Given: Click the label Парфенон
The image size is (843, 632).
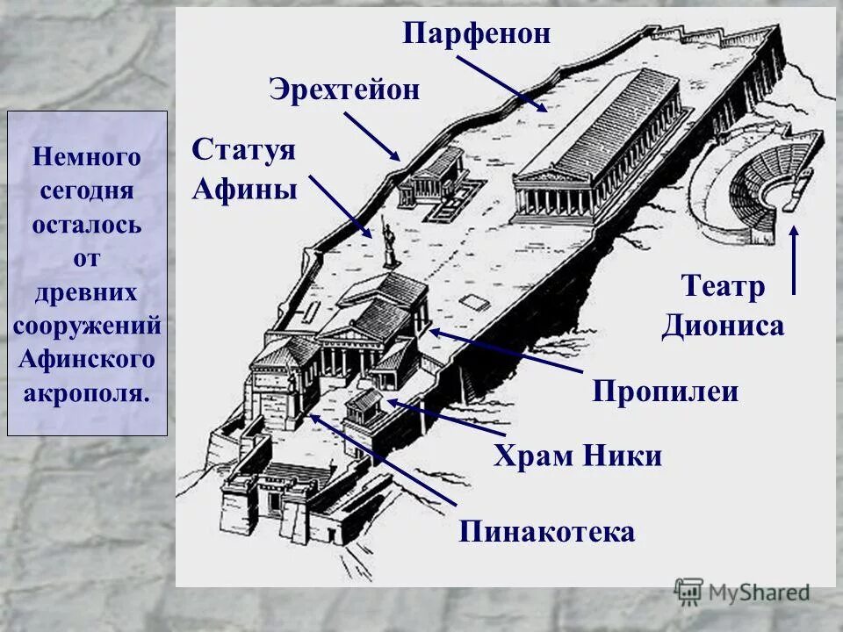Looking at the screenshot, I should point(477,34).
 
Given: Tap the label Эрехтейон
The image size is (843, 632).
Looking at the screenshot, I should point(344,89).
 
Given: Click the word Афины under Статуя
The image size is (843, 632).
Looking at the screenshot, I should point(245,188).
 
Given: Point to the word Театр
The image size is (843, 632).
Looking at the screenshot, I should point(724,286).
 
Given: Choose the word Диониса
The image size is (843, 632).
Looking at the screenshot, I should point(723,327).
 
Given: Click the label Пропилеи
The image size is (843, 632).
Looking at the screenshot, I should point(665,391).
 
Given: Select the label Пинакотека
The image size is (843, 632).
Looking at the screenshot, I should point(546,531).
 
